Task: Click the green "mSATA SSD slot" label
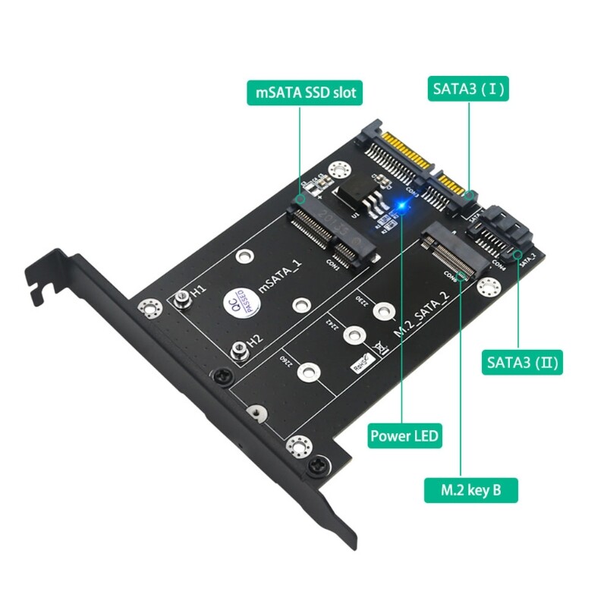304,93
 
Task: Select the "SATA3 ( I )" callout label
469,88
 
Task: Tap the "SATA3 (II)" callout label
522,362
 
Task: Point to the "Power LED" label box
405,436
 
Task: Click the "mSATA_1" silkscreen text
279,276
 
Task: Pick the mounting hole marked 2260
309,372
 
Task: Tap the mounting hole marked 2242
353,334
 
